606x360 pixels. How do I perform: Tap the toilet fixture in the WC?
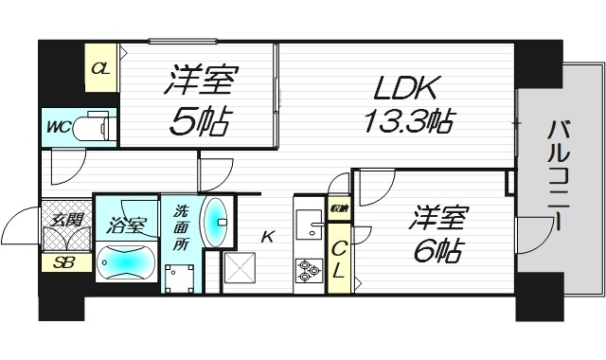point(92,126)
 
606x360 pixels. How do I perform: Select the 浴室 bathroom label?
point(126,225)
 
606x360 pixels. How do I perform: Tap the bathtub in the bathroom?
point(126,261)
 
